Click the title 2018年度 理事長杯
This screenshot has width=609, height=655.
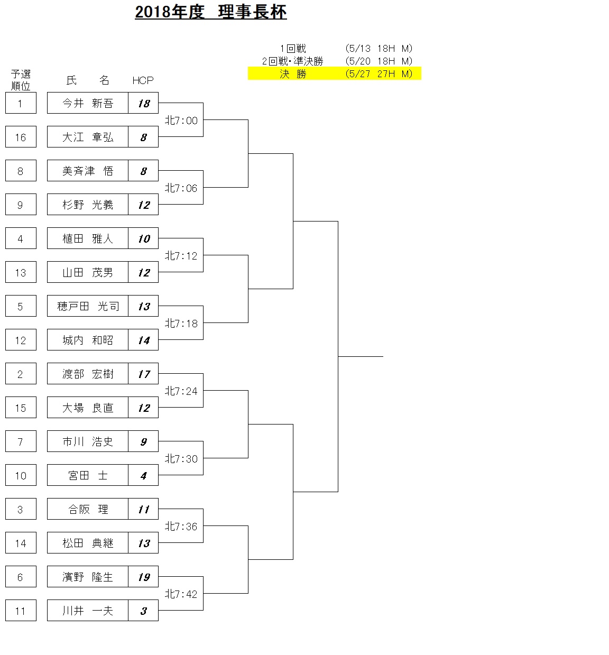point(210,12)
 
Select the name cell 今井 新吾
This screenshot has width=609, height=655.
point(88,103)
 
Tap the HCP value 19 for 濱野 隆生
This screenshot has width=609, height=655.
point(143,577)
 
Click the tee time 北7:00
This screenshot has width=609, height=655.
point(181,121)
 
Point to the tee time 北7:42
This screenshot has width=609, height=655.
point(181,594)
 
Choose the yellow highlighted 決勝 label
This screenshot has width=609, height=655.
point(293,74)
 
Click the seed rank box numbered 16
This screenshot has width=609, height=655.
point(21,137)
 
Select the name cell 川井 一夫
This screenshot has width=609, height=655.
point(88,611)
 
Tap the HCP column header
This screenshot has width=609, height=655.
point(143,80)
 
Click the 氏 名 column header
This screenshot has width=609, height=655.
point(88,80)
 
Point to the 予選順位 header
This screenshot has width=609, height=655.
point(21,80)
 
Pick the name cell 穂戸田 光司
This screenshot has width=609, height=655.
point(88,306)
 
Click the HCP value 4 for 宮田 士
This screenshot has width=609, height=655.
point(143,475)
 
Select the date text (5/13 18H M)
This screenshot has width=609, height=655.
point(379,49)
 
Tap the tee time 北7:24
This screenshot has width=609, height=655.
point(181,391)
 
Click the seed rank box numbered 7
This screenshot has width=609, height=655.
point(21,441)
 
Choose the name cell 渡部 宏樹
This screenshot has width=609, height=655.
point(88,374)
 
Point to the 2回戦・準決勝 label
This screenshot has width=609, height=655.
point(292,61)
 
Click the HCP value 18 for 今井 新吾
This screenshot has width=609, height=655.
point(143,103)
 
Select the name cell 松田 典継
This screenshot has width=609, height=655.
point(88,543)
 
